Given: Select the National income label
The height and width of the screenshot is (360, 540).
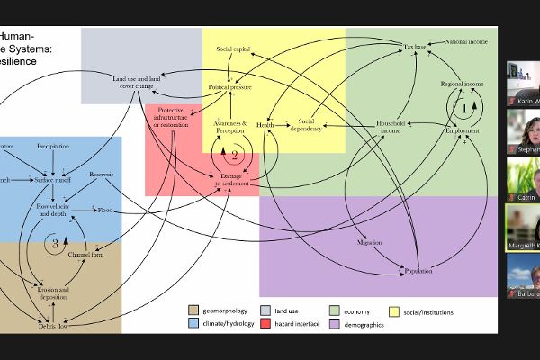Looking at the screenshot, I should point(466,42).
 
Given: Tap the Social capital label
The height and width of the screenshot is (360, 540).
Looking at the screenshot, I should point(233,47).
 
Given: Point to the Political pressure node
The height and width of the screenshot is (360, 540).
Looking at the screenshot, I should point(229,87).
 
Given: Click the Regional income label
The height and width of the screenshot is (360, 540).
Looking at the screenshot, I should point(462,84).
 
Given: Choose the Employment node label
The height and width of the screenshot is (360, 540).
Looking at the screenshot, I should point(463,130).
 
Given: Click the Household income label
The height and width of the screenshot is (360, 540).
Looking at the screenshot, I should point(391,127).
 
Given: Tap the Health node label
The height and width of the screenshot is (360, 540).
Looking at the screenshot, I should point(265,125).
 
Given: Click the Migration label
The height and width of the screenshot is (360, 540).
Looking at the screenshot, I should point(370,242).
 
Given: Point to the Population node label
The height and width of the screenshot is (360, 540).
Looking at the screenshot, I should point(418,270).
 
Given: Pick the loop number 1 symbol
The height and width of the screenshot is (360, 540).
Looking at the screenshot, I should point(464,107).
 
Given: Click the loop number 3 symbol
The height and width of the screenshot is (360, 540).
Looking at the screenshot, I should point(54,243).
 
